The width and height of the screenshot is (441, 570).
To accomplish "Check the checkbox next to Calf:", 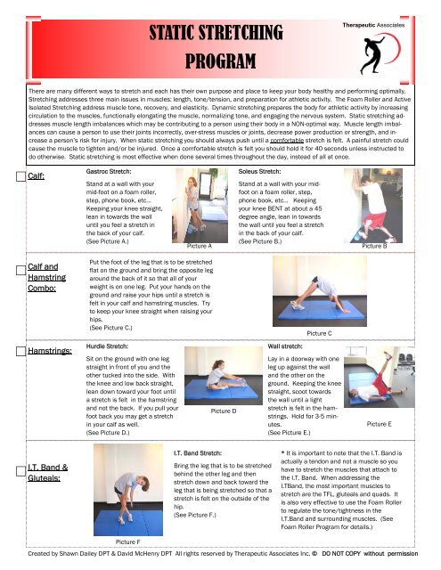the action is pos(20,176).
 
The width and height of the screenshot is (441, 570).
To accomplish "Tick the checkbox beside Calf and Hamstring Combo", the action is pos(20,271).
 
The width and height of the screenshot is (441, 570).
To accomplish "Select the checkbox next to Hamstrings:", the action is pos(20,351).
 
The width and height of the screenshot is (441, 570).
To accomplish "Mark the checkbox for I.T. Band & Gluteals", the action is pos(20,471).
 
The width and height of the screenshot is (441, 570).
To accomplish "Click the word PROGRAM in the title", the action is pos(220,61).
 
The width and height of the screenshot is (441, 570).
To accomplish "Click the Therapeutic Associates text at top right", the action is pos(373,25).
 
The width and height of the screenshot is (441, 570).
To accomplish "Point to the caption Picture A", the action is pos(200,246).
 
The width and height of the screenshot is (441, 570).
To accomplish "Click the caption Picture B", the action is pos(374,246).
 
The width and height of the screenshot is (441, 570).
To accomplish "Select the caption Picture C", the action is pos(319,333).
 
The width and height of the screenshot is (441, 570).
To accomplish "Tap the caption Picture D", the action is pos(224,411).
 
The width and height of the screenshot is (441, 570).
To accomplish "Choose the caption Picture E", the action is pos(380,424).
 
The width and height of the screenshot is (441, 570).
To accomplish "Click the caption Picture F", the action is pos(127,542).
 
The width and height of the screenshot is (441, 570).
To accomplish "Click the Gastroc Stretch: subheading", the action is pos(109,172).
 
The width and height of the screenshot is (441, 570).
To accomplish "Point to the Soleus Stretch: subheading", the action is pos(259,172).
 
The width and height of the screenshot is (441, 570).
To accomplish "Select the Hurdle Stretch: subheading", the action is pos(107,346).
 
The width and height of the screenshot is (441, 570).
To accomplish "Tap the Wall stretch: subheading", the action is pos(285,346).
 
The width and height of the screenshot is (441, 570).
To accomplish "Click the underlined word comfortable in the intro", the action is pos(287,141).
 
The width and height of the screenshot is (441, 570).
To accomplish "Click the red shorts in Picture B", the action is pos(375,222).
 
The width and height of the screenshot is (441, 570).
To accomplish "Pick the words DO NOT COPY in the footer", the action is pos(341,554).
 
